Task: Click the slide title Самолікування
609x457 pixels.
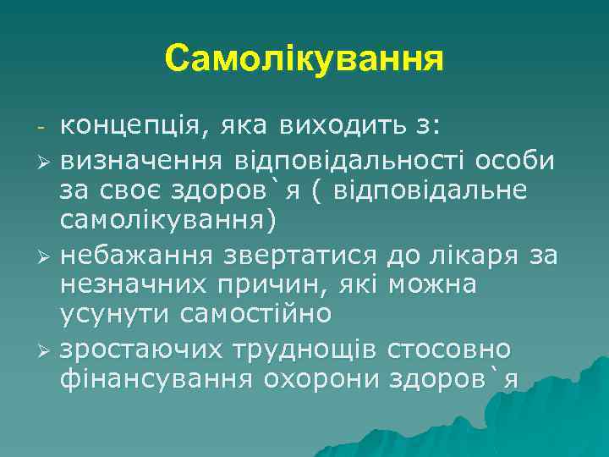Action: (304, 58)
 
